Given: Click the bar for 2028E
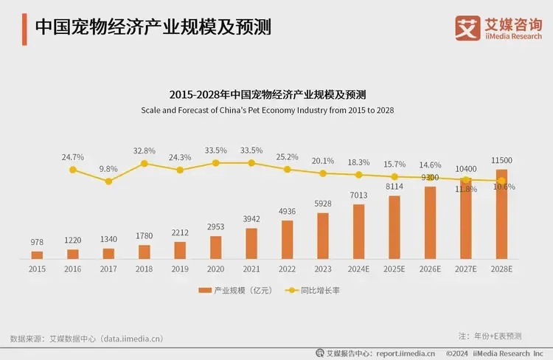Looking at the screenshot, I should pos(501,214).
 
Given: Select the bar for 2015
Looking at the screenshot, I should pos(37,255).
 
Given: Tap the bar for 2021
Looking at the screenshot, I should pos(251,243).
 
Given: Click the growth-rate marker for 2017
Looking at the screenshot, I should pos(108,181).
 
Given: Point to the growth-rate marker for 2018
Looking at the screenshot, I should pos(145,163).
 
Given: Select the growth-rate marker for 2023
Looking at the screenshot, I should pos(323,173).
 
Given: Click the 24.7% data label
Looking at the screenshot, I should pos(72,157).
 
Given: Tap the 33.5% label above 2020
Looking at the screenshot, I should pos(215,150).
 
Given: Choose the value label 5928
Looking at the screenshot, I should pos(323,204).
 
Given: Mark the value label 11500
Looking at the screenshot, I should pos(501,161).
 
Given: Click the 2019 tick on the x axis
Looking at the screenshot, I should pos(180,269).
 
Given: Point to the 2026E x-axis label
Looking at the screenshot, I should pos(430,269).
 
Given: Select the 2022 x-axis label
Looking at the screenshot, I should pos(287,269).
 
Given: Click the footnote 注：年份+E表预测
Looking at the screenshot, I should pos(490,336).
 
